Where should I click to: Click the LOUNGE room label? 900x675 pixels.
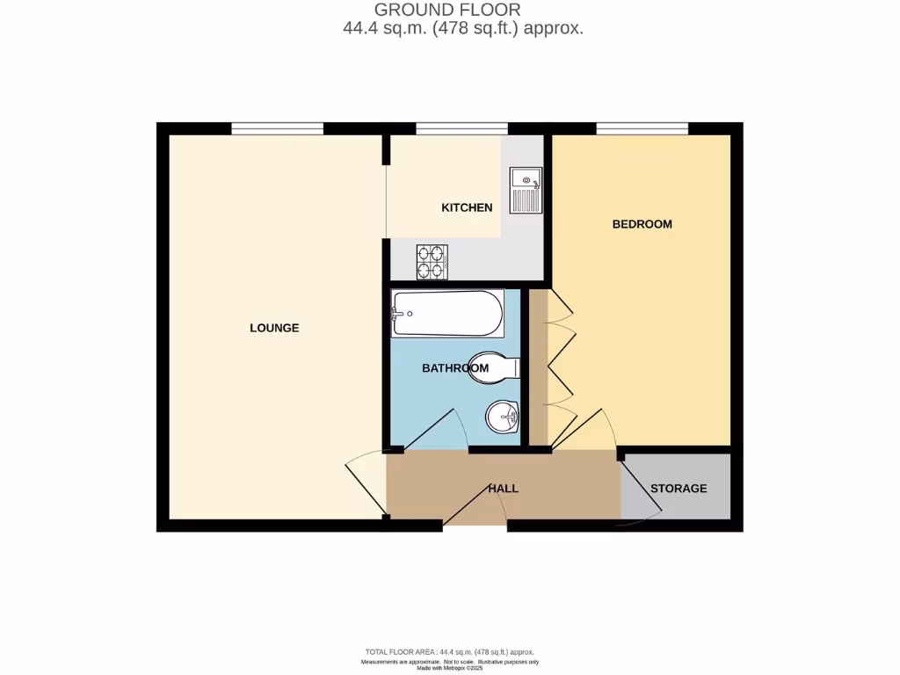(x=274, y=328)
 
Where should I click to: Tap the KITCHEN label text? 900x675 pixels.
(x=467, y=208)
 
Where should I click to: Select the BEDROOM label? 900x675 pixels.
(x=642, y=224)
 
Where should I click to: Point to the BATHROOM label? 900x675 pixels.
(x=454, y=368)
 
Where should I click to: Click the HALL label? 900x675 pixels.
(x=503, y=489)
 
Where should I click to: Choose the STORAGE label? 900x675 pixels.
(x=679, y=489)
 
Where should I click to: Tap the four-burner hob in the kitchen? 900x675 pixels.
(x=431, y=261)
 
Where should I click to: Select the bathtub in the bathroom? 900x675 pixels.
(x=448, y=313)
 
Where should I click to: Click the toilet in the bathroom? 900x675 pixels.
(x=496, y=367)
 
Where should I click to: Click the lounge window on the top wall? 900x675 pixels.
(x=278, y=129)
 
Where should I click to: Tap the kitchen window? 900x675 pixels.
(x=461, y=129)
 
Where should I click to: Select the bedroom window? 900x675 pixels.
(x=642, y=129)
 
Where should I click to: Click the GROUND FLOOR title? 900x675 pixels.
(x=447, y=10)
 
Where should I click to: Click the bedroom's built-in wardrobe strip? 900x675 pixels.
(x=539, y=369)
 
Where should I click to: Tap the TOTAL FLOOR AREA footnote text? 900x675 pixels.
(x=450, y=652)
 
